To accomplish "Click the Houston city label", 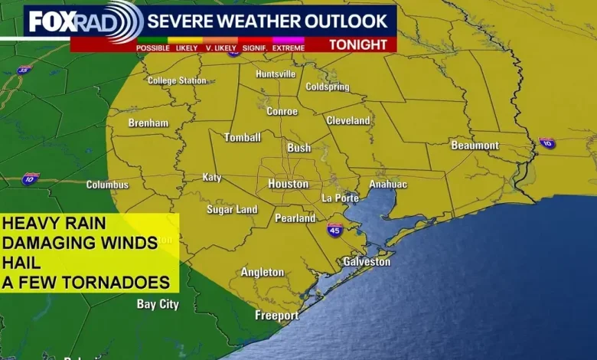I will pos(289,184).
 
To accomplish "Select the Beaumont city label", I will pos(475,146).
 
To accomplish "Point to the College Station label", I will pos(177,80).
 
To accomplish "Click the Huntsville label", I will pos(275,74).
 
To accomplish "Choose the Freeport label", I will pos(277,316).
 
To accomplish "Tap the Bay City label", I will pos(158,304).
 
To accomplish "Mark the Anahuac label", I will pos(388,185).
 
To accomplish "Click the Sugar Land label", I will pos(232,210).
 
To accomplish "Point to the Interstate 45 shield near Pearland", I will pos(334,229).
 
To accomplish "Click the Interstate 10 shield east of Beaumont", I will pos(546,143).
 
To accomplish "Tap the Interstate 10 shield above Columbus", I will pos(30,178).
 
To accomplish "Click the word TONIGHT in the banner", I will pos(358,44).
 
